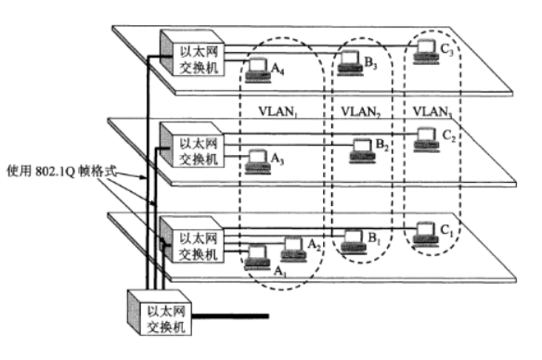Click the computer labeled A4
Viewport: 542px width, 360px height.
tap(257, 71)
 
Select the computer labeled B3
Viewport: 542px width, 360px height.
tap(350, 63)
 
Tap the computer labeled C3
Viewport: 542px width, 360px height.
tap(426, 52)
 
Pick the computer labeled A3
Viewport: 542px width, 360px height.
tap(257, 161)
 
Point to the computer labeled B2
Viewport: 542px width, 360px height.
tap(362, 151)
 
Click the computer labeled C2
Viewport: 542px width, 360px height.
tap(427, 140)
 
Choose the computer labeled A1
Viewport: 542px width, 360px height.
tap(257, 258)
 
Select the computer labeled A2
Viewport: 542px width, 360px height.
tap(293, 250)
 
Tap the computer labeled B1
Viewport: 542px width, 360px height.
tap(354, 242)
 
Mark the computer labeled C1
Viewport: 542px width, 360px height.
tap(426, 235)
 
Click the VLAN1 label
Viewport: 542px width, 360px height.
tap(278, 111)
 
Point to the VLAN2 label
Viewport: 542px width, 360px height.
tap(361, 112)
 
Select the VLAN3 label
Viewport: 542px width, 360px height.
tap(432, 112)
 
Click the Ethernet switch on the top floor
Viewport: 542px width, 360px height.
tap(192, 53)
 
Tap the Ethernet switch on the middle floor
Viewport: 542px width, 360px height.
tap(192, 145)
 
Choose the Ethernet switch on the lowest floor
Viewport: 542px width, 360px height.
tap(192, 239)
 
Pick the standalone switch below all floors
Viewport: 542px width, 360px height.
tap(160, 313)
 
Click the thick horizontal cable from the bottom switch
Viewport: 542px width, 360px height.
tap(230, 316)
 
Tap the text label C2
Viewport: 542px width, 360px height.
tap(449, 135)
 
